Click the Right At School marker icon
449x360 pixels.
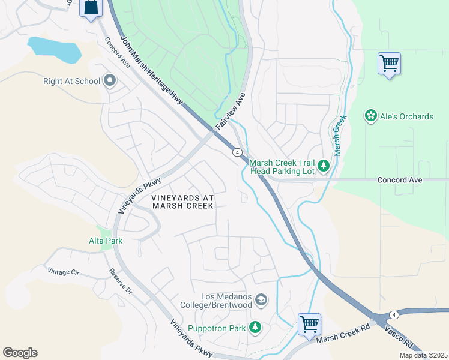coord(109,80)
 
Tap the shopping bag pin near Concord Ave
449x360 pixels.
coord(91,8)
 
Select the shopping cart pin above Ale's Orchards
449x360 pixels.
coord(389,63)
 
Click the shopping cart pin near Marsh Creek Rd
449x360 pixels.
coord(309,325)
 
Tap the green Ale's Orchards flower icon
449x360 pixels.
coord(371,116)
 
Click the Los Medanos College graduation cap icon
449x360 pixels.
coord(261,299)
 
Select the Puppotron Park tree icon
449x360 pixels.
coord(256,328)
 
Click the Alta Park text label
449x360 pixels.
coord(106,241)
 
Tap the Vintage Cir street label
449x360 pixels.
coord(63,272)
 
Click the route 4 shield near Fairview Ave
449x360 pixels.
coord(238,152)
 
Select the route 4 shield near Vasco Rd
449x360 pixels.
coord(393,314)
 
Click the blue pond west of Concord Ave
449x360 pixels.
coord(54,50)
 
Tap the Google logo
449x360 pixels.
coord(20,353)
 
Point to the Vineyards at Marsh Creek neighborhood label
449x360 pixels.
coord(182,202)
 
